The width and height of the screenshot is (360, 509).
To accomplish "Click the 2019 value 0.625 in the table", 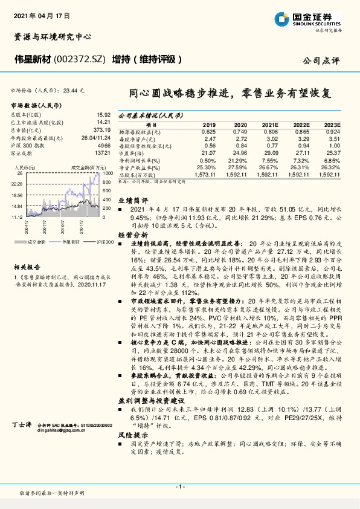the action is [x=208, y=131].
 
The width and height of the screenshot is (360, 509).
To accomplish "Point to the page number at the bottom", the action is [x=179, y=486].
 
